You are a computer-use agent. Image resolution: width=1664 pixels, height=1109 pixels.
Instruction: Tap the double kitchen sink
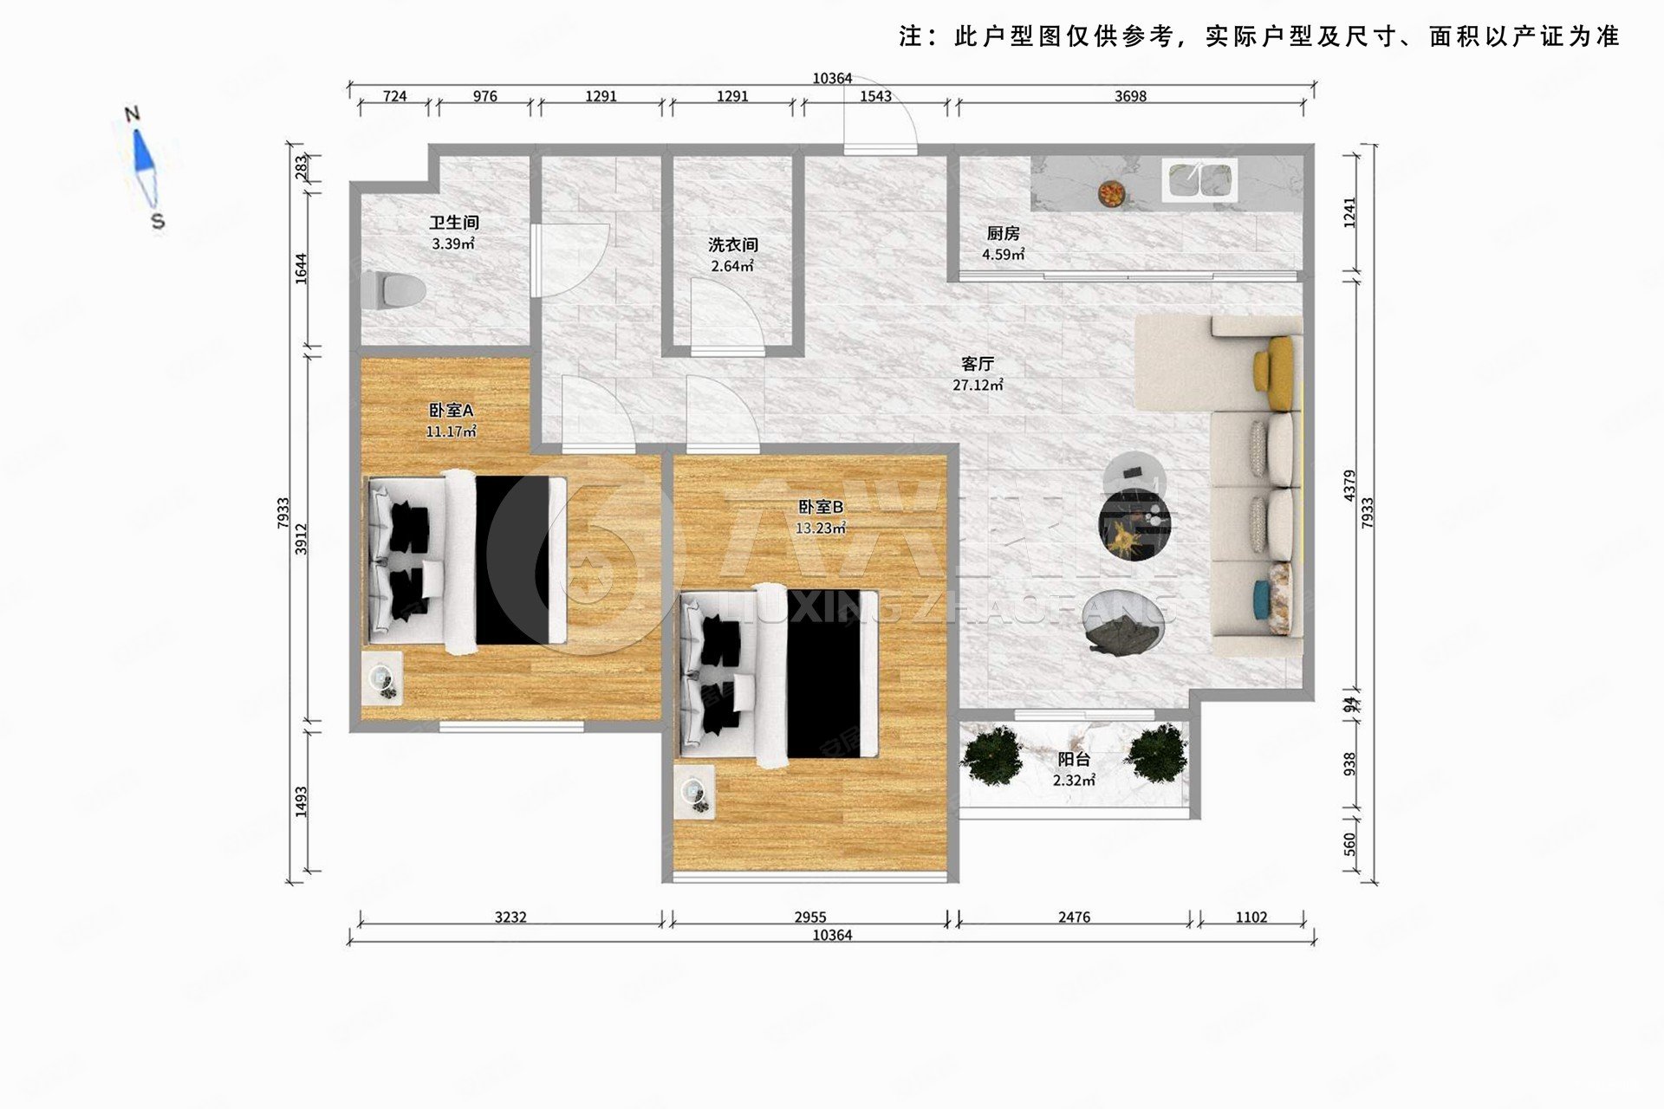[x=1200, y=180]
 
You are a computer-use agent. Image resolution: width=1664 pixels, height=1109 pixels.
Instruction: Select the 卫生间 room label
[x=453, y=223]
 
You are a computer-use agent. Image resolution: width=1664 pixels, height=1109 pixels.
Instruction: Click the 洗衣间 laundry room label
[x=732, y=245]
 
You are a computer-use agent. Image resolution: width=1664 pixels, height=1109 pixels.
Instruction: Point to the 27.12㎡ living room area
[x=978, y=385]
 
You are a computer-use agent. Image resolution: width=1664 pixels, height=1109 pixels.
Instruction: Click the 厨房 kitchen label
[x=1003, y=233]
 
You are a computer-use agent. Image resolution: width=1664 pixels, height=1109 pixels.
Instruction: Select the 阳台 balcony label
[x=1073, y=760]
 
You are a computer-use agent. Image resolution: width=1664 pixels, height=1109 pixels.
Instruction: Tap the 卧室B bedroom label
[x=820, y=507]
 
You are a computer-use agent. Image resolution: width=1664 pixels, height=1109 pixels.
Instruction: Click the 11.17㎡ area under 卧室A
[x=451, y=431]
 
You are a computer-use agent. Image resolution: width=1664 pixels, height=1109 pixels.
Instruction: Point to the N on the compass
[x=132, y=113]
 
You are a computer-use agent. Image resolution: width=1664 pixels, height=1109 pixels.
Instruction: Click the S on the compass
[x=158, y=221]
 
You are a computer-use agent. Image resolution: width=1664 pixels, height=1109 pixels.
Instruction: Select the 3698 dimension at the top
[x=1130, y=96]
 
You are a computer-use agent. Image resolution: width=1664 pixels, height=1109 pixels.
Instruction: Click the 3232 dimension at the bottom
[x=510, y=917]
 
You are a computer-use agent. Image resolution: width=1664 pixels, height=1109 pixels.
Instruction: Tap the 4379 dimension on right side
[x=1349, y=485]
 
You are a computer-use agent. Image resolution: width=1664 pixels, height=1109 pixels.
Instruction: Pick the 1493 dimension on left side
[x=301, y=801]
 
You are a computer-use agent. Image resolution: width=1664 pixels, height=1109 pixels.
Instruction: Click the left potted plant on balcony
[x=991, y=750]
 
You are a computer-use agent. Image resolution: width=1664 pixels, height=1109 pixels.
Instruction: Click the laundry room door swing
[x=725, y=316]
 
